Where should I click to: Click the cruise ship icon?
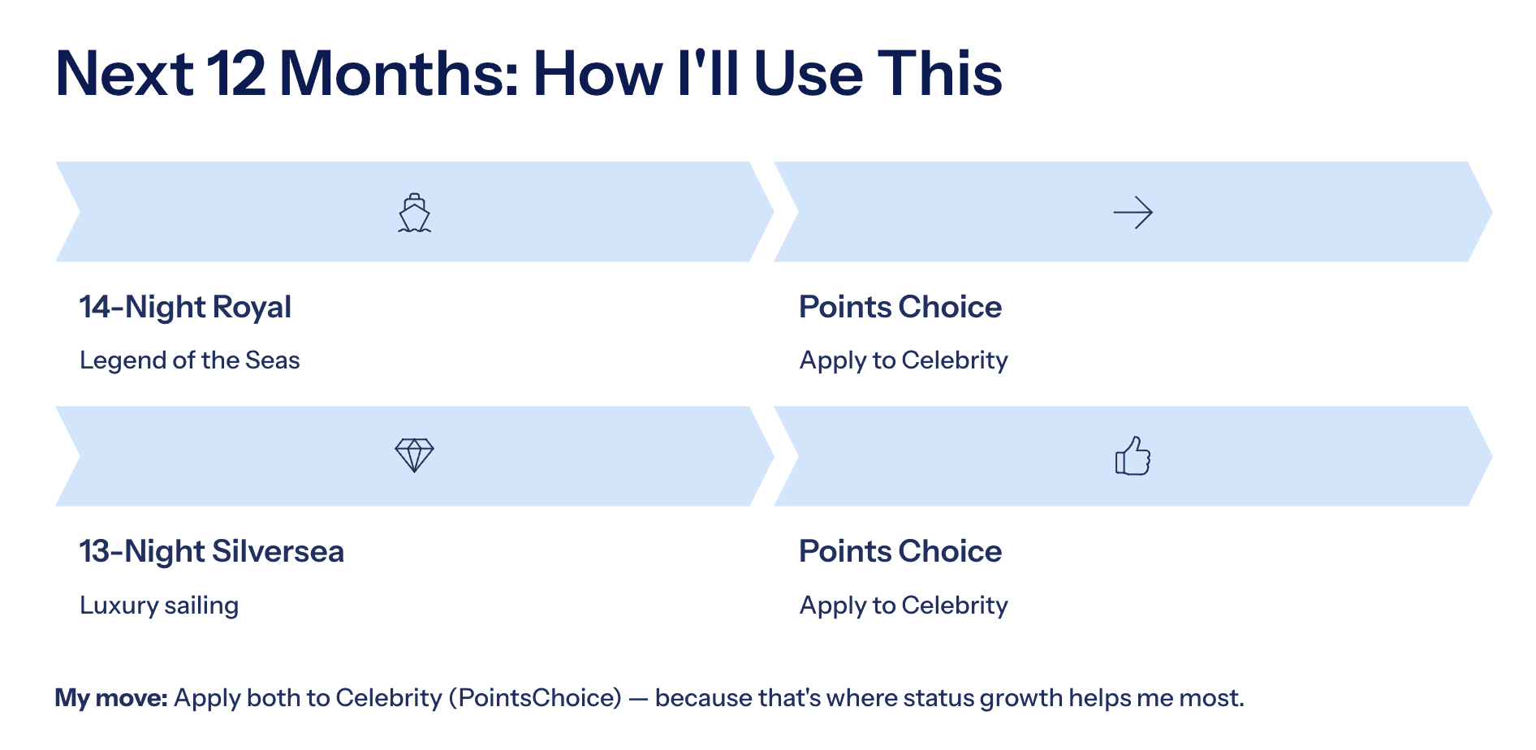[414, 213]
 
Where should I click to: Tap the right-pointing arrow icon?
[1133, 213]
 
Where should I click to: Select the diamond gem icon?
[414, 455]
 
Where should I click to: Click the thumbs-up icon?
[1133, 456]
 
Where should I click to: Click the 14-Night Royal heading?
[185, 307]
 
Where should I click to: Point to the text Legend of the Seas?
[190, 360]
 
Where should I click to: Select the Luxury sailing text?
[159, 605]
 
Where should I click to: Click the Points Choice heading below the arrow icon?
[900, 307]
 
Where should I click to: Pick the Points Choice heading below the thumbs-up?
[900, 551]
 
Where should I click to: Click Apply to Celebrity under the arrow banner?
[904, 360]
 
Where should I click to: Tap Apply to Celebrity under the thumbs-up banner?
[904, 605]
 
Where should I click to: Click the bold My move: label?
[111, 697]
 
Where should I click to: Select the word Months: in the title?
[399, 74]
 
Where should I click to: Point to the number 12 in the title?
[235, 74]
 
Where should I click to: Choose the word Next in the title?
[124, 74]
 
